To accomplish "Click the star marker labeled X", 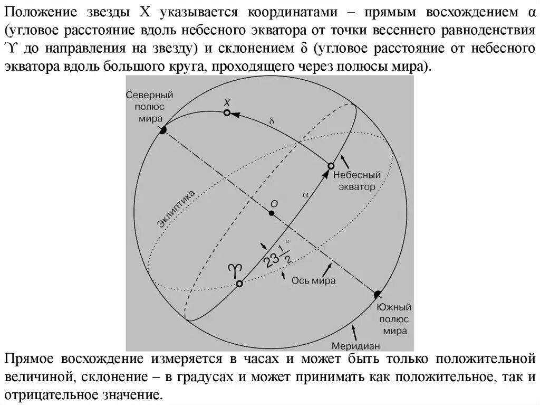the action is click(x=227, y=112).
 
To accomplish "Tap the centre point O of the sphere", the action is click(x=271, y=213).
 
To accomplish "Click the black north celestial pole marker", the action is click(x=163, y=129).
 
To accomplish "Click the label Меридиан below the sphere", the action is click(x=356, y=346).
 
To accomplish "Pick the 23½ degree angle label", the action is click(x=278, y=254).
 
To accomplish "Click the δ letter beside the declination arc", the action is click(x=272, y=121).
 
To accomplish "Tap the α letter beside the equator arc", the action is click(x=305, y=194).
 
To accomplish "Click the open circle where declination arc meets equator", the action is click(x=331, y=166).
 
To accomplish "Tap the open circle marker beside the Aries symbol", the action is click(x=239, y=284).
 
